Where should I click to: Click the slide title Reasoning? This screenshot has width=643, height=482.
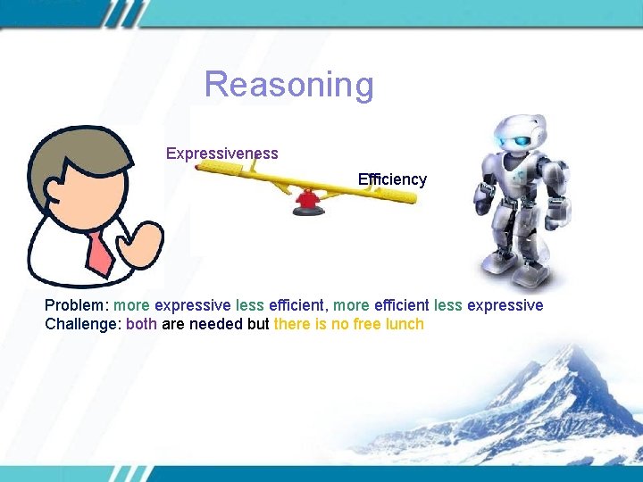point(288,85)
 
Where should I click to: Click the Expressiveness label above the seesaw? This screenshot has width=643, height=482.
point(221,154)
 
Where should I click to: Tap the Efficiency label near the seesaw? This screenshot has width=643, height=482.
point(392,179)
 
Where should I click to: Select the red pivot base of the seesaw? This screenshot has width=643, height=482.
point(307,204)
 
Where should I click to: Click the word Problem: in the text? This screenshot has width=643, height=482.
point(77,305)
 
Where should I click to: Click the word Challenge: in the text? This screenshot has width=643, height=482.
point(83,324)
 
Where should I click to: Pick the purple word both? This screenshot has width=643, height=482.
point(142,324)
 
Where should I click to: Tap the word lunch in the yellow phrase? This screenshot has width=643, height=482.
point(405,324)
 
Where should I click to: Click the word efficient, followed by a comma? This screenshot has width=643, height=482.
point(298,305)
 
